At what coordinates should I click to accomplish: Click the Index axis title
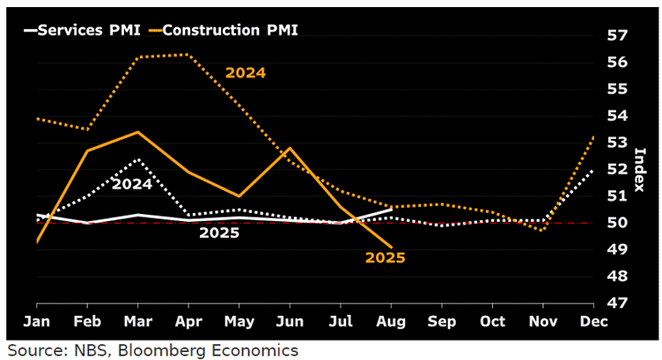(x=640, y=170)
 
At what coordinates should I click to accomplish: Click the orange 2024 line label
(x=246, y=73)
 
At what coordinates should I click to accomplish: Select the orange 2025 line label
(x=386, y=258)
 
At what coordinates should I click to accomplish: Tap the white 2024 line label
(x=132, y=184)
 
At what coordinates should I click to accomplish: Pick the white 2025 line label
(x=219, y=233)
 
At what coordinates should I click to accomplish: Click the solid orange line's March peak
(x=137, y=132)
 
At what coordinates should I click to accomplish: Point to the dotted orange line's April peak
(x=188, y=55)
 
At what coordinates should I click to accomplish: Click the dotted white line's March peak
(x=137, y=159)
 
